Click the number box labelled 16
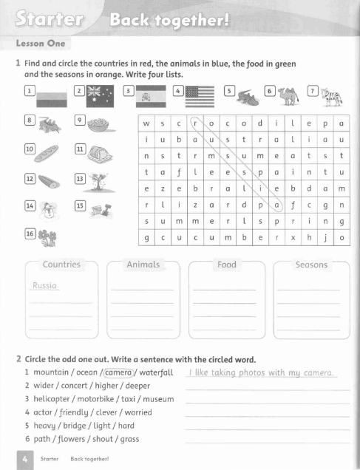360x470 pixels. [30, 234]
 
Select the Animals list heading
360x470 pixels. [143, 264]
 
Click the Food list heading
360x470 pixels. [226, 264]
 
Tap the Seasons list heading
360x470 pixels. [310, 264]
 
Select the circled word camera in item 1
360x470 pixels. [118, 372]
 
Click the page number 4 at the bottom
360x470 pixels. [24, 459]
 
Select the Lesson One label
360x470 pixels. [40, 43]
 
